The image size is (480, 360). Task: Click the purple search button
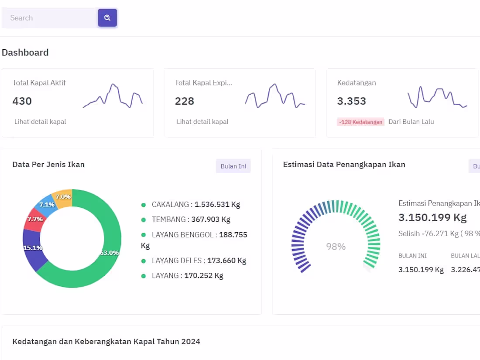point(107,18)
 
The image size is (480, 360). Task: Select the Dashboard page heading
point(25,53)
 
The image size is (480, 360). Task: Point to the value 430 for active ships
point(22,101)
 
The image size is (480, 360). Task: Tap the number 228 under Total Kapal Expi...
point(184,101)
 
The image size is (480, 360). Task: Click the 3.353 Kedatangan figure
point(351,101)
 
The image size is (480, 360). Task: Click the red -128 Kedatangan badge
point(360,122)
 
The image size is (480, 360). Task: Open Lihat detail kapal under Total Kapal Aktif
point(40,122)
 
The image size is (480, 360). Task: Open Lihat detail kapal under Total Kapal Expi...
point(202,122)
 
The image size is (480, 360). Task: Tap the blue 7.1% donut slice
point(46,205)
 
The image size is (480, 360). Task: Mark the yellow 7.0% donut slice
point(63,197)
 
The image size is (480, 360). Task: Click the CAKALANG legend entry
point(191,205)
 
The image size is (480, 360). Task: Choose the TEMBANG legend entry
point(186,219)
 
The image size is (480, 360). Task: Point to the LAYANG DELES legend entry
point(194,261)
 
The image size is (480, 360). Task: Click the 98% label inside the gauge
point(336,247)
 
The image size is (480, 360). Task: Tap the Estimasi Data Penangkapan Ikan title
point(344,165)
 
